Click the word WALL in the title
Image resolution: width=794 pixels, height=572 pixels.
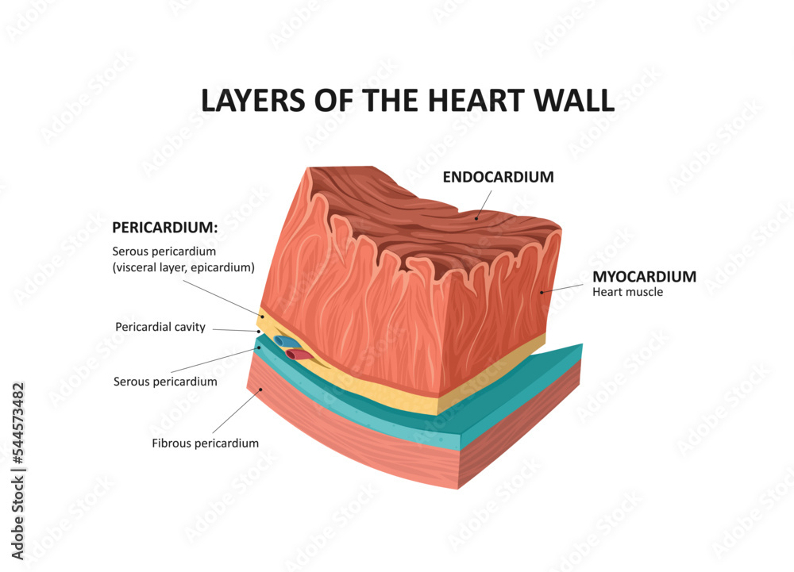(575, 101)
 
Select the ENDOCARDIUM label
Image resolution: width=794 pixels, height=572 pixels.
(498, 177)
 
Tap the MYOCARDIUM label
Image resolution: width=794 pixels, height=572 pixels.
(644, 277)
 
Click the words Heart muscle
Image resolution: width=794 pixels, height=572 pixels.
(627, 292)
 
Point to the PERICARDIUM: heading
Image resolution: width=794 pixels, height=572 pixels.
(164, 228)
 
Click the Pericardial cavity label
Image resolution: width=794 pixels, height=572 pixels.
(160, 327)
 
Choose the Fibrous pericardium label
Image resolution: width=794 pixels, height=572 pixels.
(205, 443)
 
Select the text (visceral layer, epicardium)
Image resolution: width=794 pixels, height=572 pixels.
(183, 267)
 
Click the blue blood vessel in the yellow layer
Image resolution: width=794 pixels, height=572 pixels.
(283, 342)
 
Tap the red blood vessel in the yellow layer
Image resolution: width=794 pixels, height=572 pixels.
(299, 355)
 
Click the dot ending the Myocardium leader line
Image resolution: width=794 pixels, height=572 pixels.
(542, 292)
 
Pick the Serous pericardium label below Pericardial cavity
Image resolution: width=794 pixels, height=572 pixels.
(165, 382)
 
